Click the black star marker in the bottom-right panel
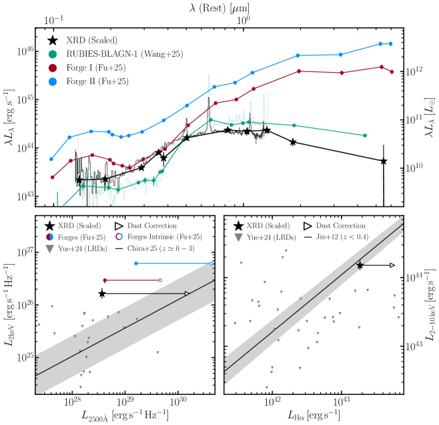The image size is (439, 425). [360, 266]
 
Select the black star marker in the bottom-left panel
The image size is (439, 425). [102, 294]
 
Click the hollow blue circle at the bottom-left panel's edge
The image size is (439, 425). [213, 263]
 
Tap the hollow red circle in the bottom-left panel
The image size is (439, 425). [160, 280]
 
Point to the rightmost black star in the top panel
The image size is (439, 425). [384, 161]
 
